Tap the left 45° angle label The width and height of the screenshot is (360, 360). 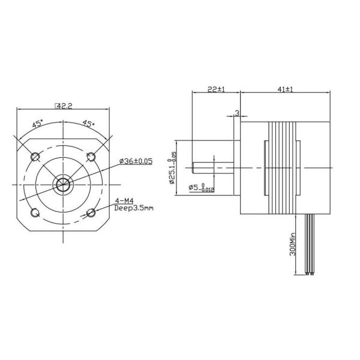click(37, 124)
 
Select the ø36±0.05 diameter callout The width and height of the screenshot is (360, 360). click(136, 161)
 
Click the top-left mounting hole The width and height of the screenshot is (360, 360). click(35, 157)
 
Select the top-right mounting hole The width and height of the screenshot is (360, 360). click(91, 157)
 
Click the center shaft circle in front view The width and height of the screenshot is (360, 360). click(63, 184)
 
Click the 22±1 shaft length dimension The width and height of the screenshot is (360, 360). click(215, 89)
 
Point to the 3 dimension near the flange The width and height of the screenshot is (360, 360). click(237, 113)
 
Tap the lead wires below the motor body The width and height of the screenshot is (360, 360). click(310, 246)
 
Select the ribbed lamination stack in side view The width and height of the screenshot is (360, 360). click(283, 168)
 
